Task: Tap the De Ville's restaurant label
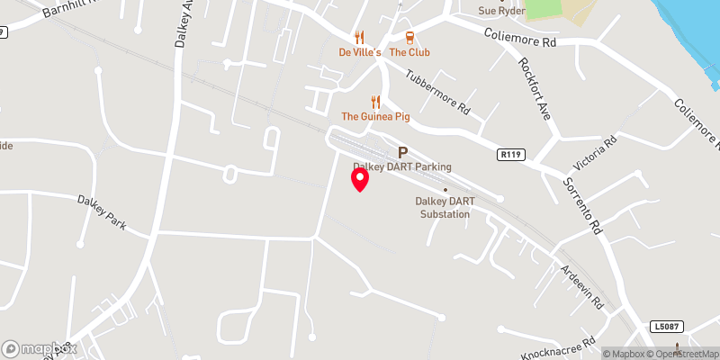pos(360,52)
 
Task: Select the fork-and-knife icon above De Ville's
pos(360,37)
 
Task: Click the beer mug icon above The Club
pos(409,37)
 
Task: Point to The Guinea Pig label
pos(376,117)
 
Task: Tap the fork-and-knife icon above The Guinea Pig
pos(376,102)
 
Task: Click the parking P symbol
pos(402,153)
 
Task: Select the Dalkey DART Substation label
pos(443,207)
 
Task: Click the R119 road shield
pos(510,155)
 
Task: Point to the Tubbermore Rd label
pos(437,93)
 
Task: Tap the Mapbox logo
pos(40,348)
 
